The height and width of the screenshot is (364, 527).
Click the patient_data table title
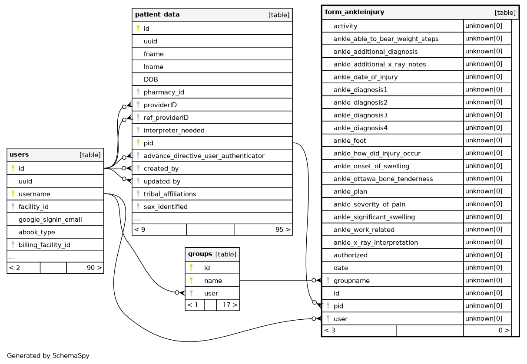click(157, 15)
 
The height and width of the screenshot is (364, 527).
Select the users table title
click(19, 155)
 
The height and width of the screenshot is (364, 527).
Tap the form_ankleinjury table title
click(355, 12)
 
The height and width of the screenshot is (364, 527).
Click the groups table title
click(200, 254)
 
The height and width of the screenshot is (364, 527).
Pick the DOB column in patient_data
click(151, 79)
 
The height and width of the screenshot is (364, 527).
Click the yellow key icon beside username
click(13, 193)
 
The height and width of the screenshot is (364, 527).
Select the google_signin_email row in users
click(50, 220)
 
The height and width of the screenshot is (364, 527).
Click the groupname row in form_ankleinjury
click(351, 281)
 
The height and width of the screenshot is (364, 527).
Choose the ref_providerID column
click(166, 118)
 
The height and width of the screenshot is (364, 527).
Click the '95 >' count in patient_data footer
click(283, 230)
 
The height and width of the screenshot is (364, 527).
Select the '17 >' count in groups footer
click(230, 305)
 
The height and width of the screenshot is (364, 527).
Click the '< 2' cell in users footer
click(14, 268)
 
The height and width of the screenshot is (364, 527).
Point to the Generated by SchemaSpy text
click(48, 356)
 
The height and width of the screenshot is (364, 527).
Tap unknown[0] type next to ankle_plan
click(484, 191)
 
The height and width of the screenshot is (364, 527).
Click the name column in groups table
click(213, 281)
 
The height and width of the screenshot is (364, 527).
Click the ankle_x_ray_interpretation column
click(375, 243)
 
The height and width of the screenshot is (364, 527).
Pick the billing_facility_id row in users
click(44, 245)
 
